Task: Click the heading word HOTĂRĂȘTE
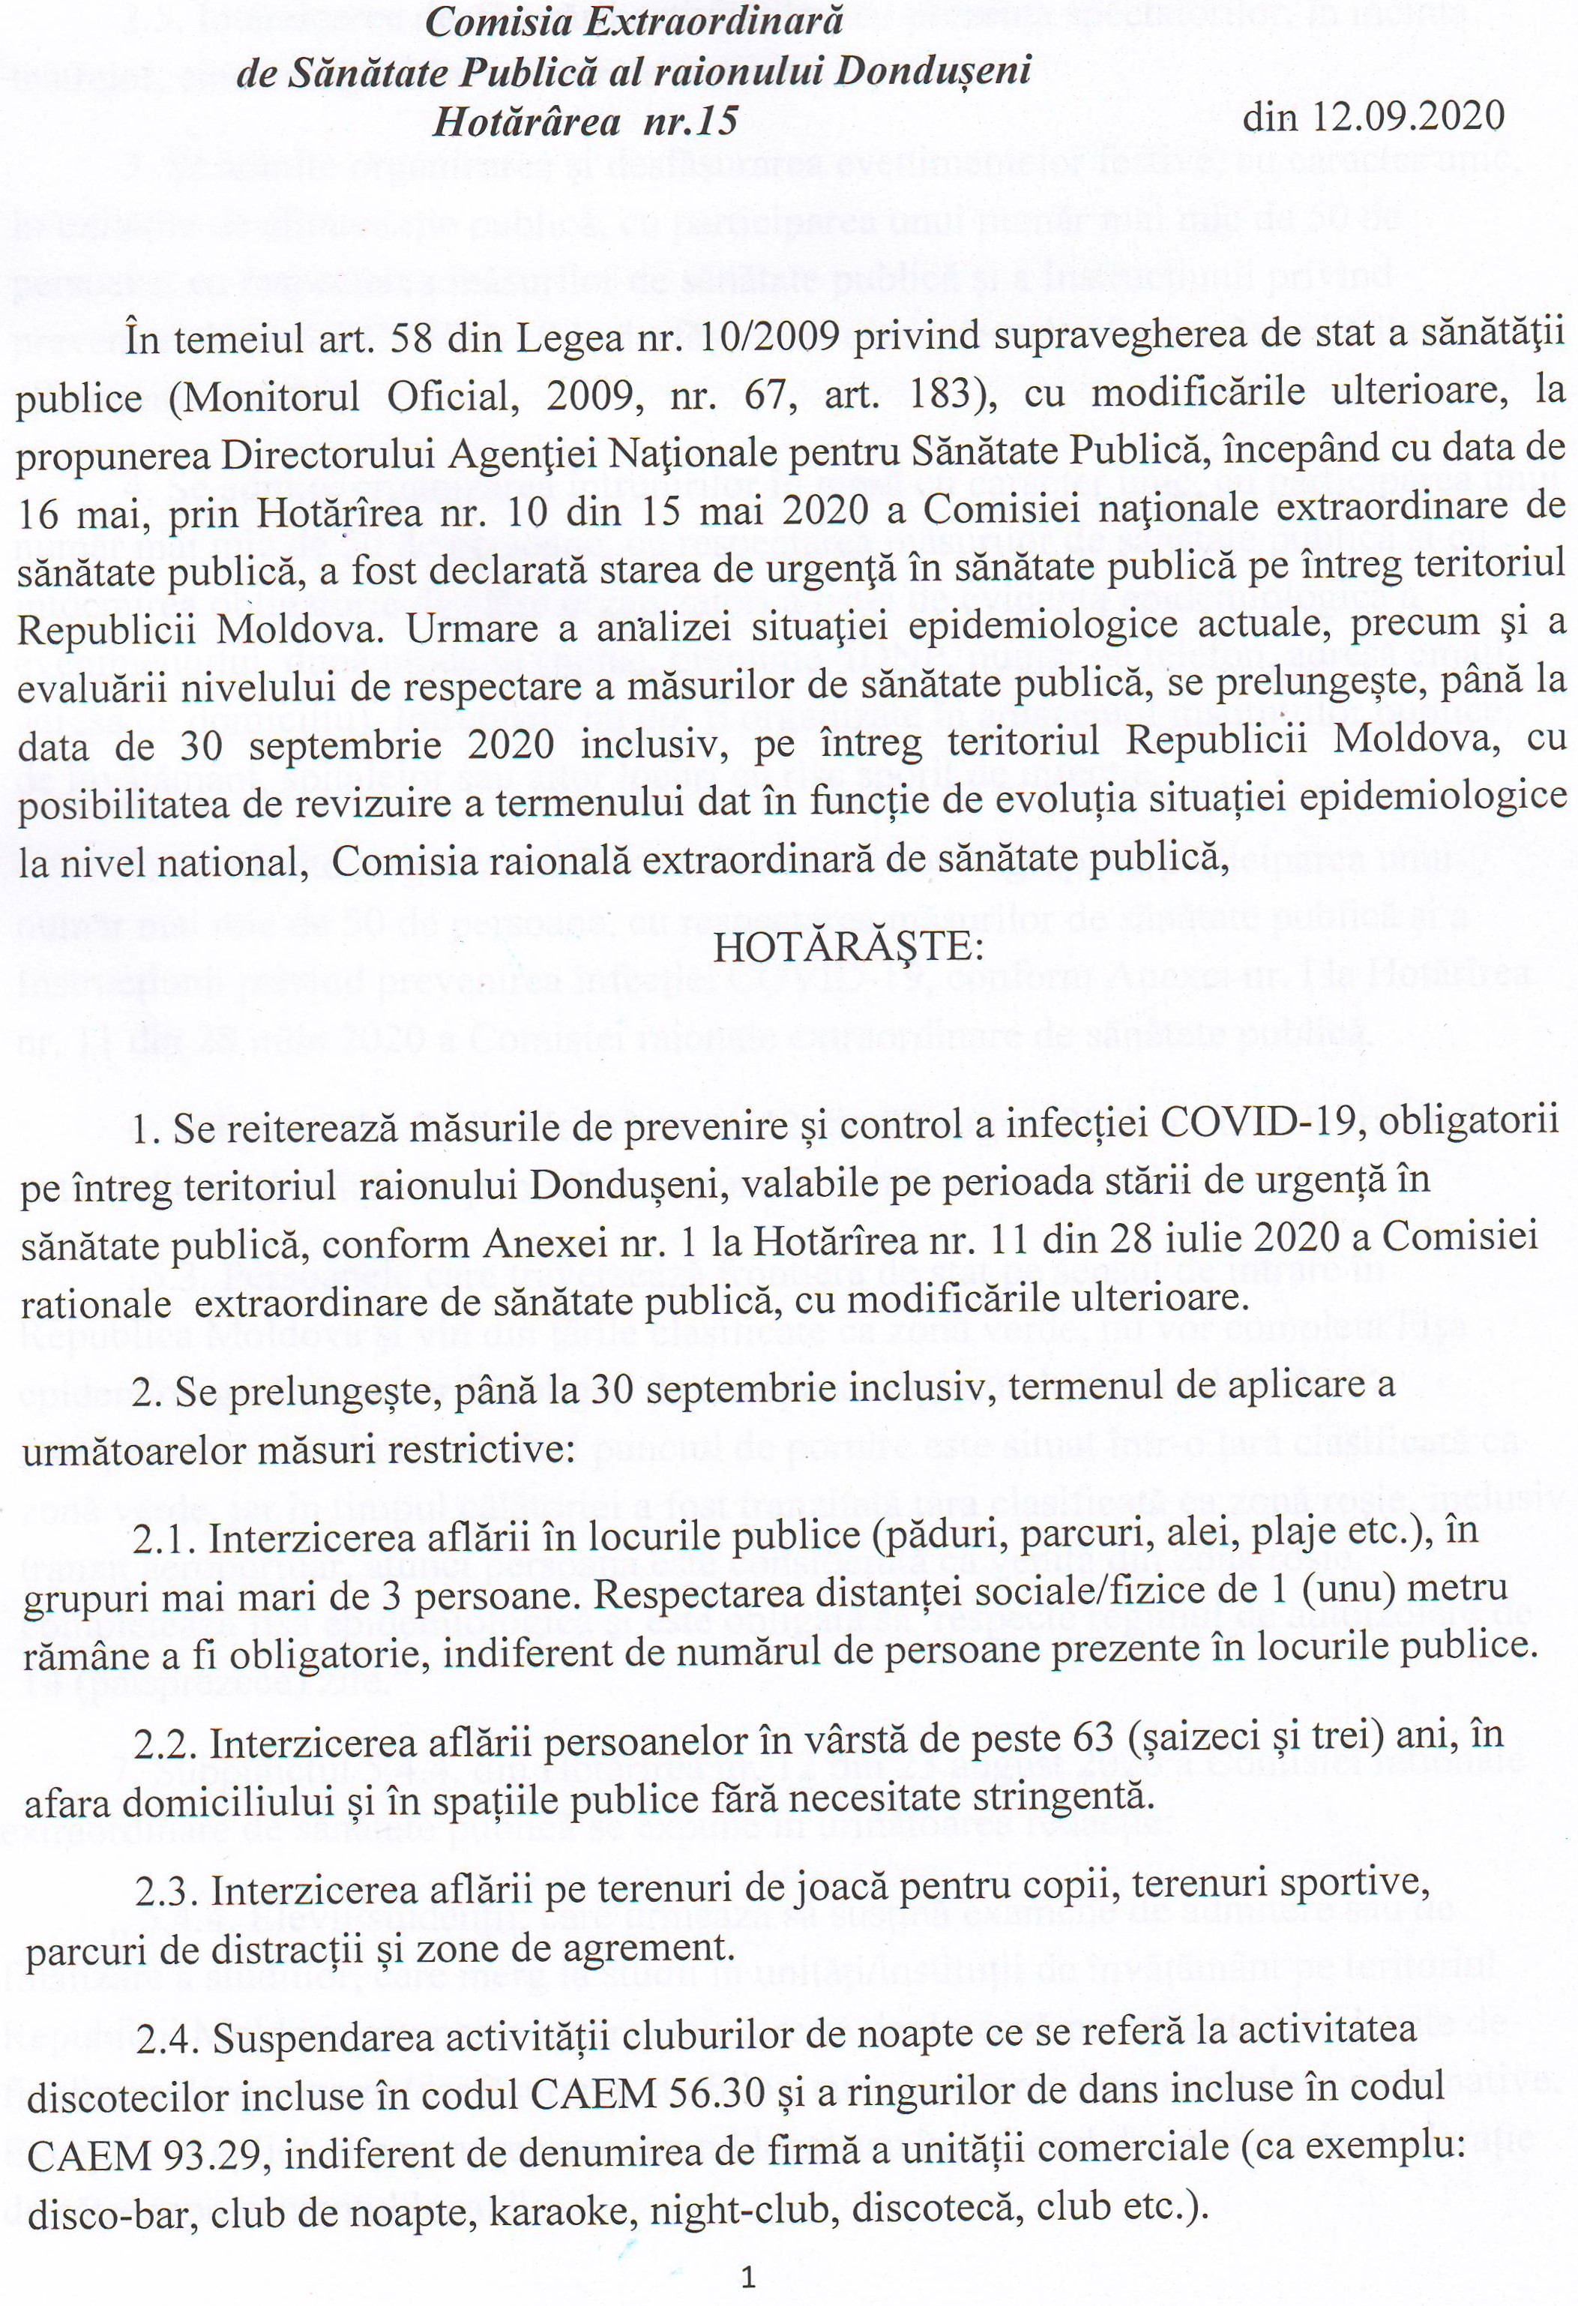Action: [x=848, y=946]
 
